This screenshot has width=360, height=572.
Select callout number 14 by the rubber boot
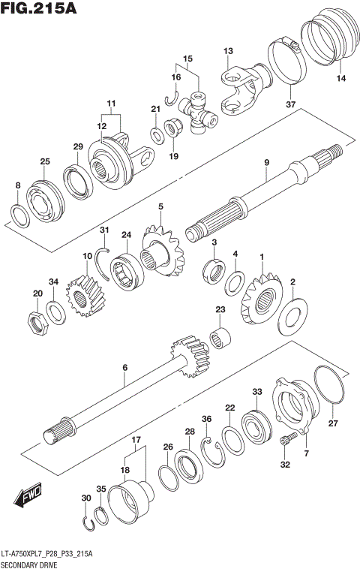tap(341, 78)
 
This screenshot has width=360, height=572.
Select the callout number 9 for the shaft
tap(265, 163)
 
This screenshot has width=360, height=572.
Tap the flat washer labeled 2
tap(293, 317)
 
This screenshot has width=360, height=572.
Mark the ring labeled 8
tap(20, 215)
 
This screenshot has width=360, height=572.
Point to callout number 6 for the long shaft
tap(125, 367)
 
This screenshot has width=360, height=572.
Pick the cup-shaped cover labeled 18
tap(130, 504)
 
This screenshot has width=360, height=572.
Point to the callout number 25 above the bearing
tap(45, 162)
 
